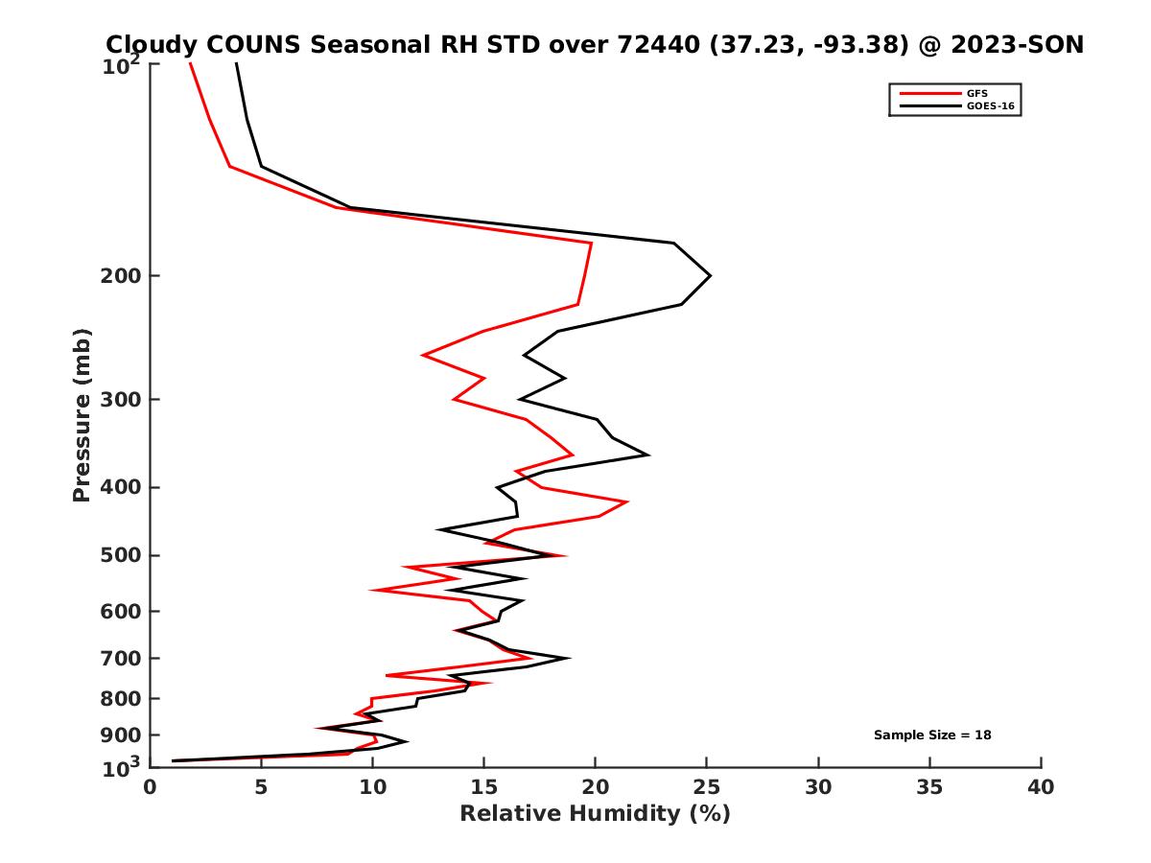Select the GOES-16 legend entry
[989, 106]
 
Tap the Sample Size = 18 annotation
[931, 735]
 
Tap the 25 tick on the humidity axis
[707, 787]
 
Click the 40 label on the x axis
[1041, 787]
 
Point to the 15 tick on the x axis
[483, 787]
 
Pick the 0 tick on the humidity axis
[150, 787]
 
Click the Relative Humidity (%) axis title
[595, 814]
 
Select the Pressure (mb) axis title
[82, 414]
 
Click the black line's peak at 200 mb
[710, 276]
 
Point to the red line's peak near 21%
[627, 501]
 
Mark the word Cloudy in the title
[146, 44]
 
